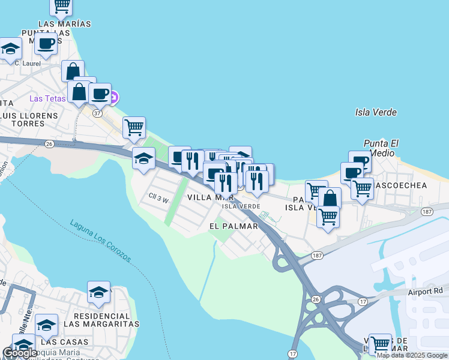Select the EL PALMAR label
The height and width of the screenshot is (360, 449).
click(234, 226)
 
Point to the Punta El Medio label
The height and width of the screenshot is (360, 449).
click(381, 148)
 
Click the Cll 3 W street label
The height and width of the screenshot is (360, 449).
click(159, 196)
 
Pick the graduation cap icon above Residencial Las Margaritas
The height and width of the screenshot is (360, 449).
click(98, 292)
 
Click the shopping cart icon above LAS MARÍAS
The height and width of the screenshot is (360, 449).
click(61, 6)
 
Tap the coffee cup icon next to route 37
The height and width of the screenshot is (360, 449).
click(100, 94)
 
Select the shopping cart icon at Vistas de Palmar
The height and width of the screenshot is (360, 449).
click(380, 344)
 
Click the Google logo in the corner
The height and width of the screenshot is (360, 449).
click(20, 353)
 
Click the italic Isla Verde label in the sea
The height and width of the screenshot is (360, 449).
click(376, 112)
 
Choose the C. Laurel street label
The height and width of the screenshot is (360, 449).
click(27, 63)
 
